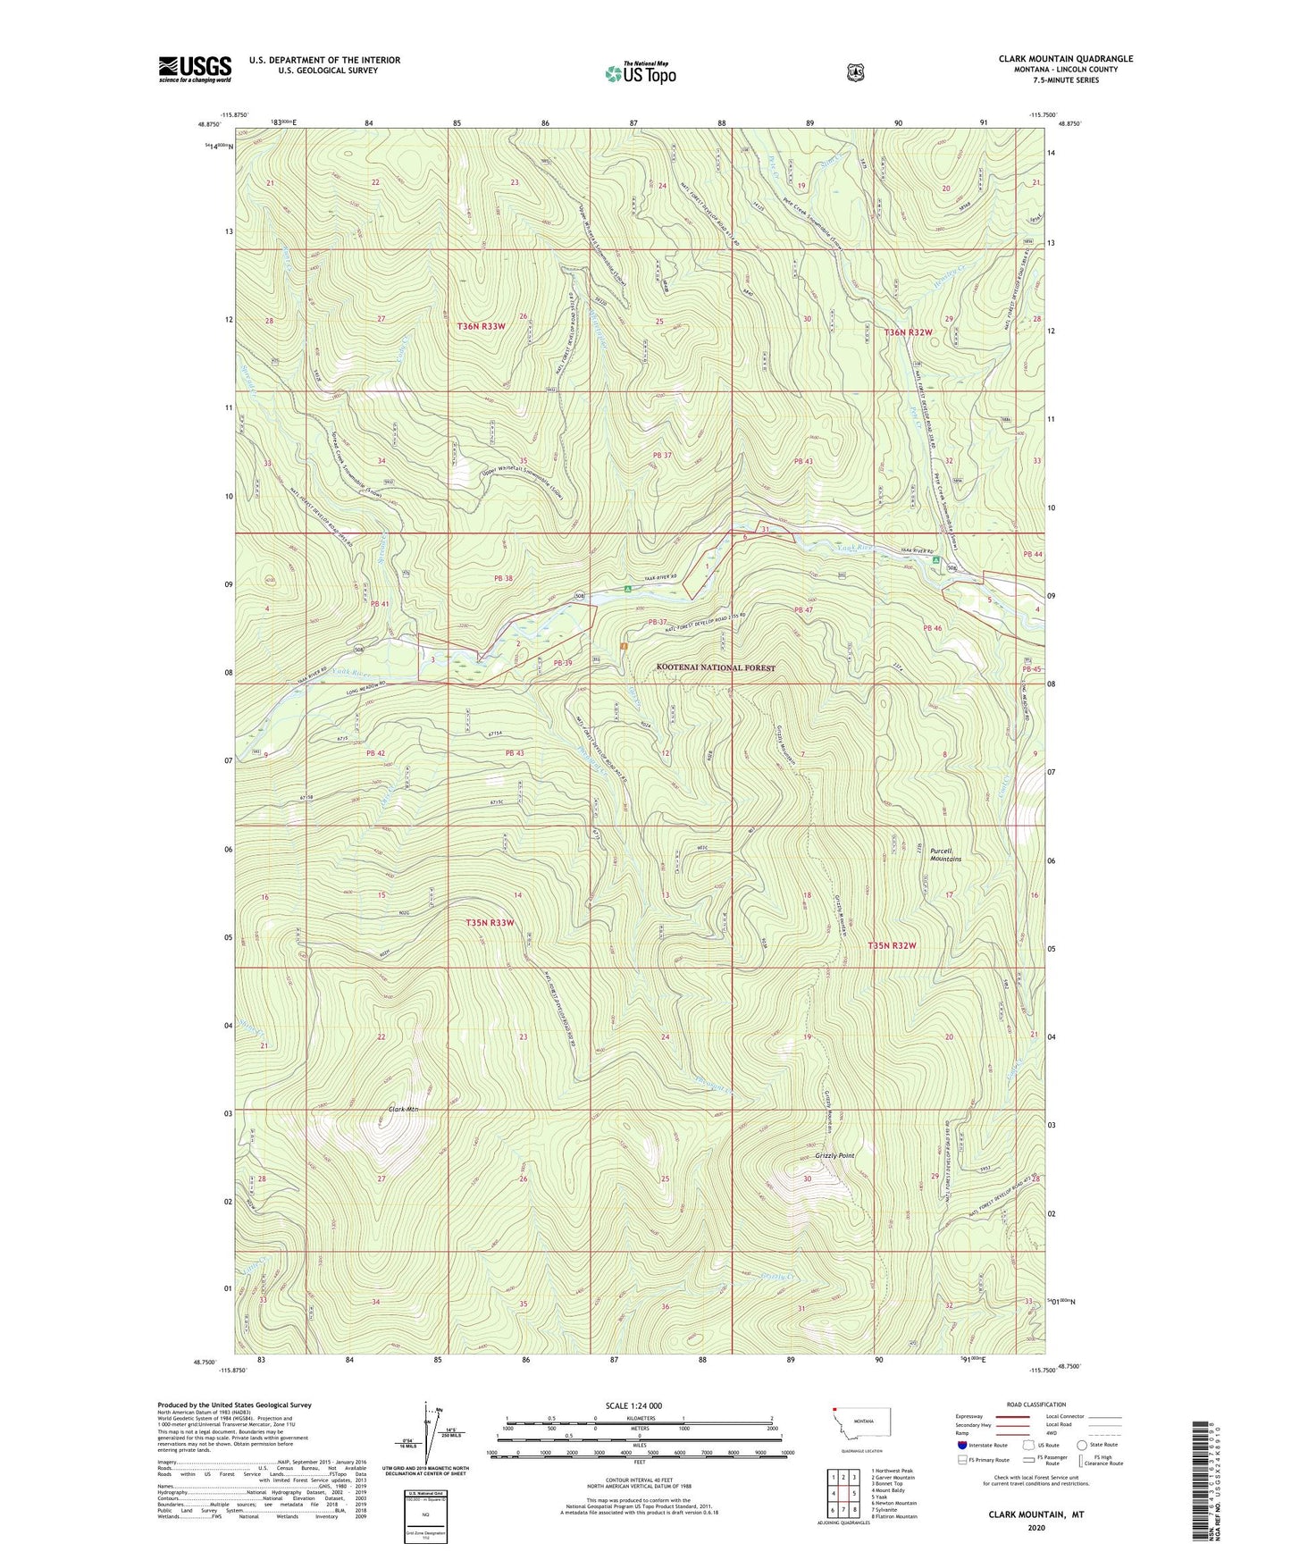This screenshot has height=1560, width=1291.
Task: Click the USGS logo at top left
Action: tap(195, 69)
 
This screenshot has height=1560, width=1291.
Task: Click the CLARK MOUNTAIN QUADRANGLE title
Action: tap(1065, 59)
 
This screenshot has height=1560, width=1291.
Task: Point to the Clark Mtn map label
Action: tap(403, 1110)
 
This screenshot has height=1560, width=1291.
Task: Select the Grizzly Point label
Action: tap(834, 1156)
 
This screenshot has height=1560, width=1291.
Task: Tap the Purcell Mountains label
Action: tap(944, 855)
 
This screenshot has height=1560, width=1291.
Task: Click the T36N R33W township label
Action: tap(481, 326)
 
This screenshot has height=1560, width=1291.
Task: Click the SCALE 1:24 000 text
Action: tap(633, 1406)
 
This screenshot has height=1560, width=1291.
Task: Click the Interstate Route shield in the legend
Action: tap(961, 1445)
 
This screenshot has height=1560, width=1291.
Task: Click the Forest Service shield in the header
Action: tap(856, 72)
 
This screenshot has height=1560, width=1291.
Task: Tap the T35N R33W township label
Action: tap(489, 922)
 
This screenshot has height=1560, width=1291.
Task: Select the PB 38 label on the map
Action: tap(503, 578)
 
